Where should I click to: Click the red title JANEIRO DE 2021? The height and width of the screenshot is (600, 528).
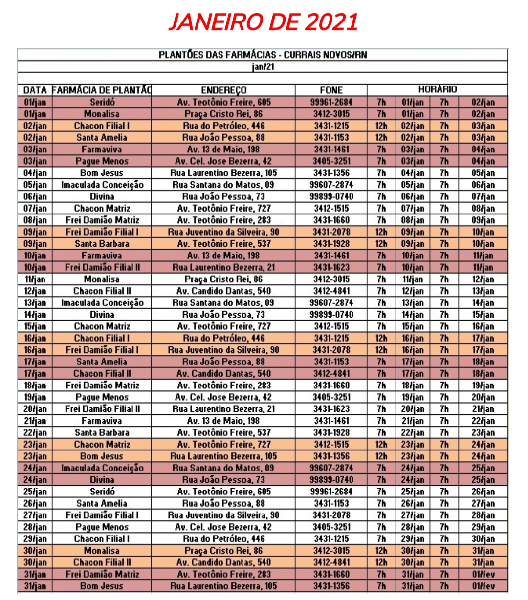263,21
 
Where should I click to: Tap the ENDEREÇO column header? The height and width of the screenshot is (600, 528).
223,90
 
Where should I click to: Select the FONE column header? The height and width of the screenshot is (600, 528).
331,90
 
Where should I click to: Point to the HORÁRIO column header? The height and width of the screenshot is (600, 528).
437,89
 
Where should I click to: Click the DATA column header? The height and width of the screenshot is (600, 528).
35,90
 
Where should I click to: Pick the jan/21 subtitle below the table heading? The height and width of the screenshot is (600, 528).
263,66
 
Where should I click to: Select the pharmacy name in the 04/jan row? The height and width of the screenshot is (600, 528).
102,173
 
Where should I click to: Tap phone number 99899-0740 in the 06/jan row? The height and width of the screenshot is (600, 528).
331,196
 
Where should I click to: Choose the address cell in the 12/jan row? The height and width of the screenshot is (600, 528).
223,291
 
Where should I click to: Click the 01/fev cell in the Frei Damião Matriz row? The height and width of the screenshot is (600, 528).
483,574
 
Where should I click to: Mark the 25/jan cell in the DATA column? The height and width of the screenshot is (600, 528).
35,492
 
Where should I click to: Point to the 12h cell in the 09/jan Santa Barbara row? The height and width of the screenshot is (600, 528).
381,244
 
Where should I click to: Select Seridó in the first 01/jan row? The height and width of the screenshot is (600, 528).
102,102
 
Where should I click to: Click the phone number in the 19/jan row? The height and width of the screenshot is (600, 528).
331,397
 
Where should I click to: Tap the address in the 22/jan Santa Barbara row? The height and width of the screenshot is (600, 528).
223,432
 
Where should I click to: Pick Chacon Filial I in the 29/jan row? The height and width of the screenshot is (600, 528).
102,539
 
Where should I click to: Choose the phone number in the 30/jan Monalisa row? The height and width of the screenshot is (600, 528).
331,551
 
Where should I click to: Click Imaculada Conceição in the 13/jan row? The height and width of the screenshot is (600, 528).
102,303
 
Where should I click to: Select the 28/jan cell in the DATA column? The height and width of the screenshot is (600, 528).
35,527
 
